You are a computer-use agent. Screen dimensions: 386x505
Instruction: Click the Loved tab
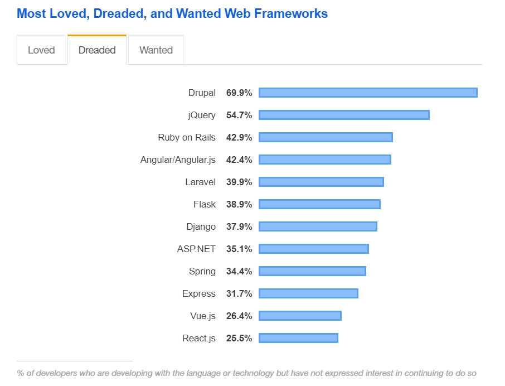(41, 50)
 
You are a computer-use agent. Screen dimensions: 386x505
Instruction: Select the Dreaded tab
(97, 50)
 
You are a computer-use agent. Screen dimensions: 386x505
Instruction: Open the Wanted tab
(156, 50)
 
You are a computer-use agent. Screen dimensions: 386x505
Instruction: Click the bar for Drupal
(368, 93)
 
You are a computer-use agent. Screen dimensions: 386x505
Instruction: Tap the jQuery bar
(344, 115)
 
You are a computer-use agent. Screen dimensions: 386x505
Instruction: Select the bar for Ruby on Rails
(326, 137)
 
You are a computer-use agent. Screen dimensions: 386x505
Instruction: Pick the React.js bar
(298, 338)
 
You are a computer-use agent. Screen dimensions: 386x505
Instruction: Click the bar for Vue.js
(300, 316)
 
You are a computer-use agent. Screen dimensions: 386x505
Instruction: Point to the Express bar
(308, 293)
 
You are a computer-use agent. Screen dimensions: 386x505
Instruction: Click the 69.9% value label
(239, 93)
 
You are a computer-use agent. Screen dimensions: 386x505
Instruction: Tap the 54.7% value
(239, 115)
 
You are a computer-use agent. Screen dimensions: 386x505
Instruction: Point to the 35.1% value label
(239, 249)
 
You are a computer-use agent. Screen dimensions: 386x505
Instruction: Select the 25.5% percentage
(239, 338)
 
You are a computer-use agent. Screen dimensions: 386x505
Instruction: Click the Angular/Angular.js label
(178, 160)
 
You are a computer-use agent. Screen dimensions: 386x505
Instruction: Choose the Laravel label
(200, 182)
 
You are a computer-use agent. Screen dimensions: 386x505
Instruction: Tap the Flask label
(205, 204)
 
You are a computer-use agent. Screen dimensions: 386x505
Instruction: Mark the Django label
(201, 226)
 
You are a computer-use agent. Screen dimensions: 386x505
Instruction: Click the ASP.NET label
(196, 249)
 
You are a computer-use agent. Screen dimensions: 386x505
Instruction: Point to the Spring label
(202, 271)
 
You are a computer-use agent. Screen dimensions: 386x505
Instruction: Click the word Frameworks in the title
(291, 13)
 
